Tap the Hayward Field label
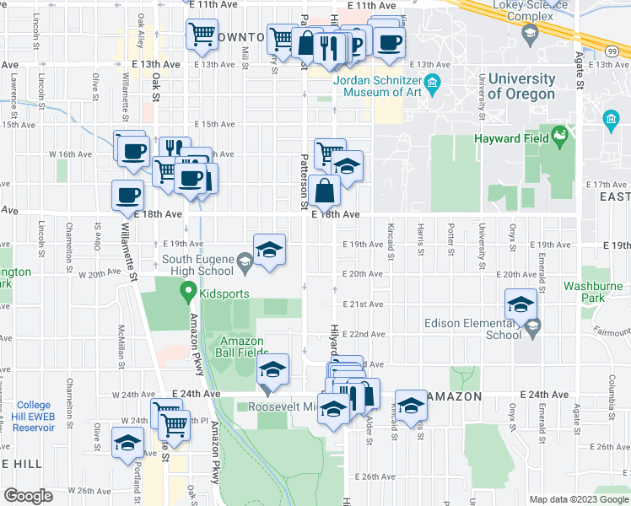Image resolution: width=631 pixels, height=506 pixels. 511,137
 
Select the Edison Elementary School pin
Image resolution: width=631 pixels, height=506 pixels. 531,330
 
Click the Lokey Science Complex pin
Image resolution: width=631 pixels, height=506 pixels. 531,34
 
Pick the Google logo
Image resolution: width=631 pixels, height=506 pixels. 29,496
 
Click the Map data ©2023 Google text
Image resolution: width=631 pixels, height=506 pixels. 578,499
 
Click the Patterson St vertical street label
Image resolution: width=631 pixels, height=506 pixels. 304,181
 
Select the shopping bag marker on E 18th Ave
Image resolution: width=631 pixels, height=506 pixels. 325,191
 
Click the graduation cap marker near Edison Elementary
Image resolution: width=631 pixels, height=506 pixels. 521,304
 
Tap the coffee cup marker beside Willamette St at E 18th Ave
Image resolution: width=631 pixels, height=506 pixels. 128,196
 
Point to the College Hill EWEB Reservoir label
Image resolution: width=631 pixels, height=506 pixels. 34,417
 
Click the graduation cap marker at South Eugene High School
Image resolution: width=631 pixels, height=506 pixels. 269,250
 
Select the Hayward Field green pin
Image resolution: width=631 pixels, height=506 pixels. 559,137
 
